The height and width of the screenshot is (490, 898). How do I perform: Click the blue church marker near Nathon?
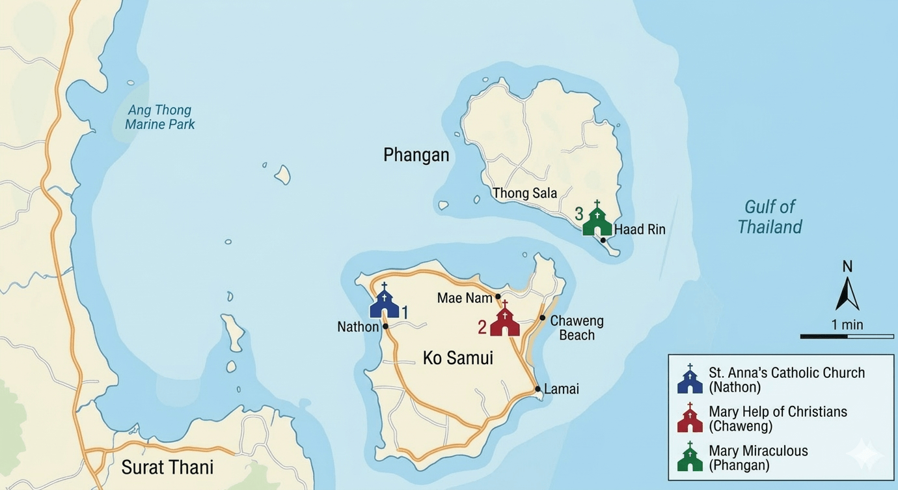tap(384, 302)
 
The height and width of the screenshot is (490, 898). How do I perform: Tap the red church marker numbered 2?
tap(504, 320)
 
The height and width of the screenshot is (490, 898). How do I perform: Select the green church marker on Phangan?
tap(597, 220)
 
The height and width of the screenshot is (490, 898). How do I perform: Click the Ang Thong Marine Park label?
tap(160, 117)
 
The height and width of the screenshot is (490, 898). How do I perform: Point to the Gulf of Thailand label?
tap(770, 217)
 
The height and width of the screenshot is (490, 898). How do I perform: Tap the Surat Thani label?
tap(167, 467)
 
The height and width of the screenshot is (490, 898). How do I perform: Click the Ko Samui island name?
tap(457, 358)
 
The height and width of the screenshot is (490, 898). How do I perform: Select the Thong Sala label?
tap(524, 193)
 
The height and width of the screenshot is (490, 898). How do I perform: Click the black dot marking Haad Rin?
tap(603, 240)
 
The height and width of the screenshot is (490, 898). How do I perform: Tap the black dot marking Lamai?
tap(537, 389)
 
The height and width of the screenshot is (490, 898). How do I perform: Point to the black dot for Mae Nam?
tap(498, 296)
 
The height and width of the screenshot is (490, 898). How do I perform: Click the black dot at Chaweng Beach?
tap(542, 318)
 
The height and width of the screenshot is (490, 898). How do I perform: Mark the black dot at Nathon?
tap(385, 326)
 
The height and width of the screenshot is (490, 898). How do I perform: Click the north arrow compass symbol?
tap(847, 292)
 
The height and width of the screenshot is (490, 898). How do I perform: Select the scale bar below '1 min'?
tap(847, 336)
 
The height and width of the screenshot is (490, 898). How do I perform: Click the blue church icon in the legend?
tap(690, 380)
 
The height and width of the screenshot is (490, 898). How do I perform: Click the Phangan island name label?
tap(416, 155)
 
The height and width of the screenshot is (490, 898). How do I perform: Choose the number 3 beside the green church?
tap(579, 214)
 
